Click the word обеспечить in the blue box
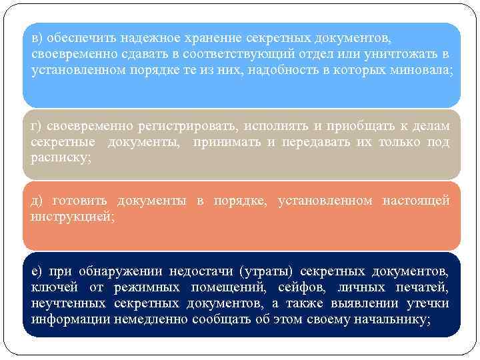(73, 39)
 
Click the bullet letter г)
(36, 126)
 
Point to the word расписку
(61, 157)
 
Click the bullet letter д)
(37, 201)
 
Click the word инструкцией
(72, 216)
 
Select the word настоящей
(416, 201)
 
